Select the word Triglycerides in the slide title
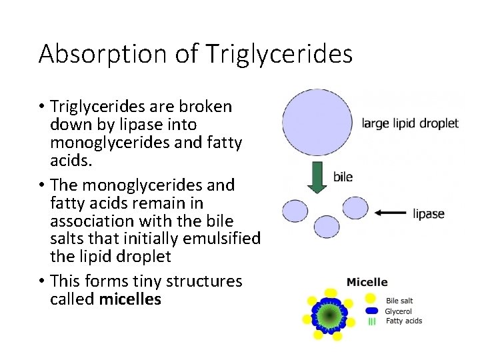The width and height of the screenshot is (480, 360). point(279,54)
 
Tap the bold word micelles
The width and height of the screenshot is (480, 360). point(130,299)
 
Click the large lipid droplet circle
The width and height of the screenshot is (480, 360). point(317,122)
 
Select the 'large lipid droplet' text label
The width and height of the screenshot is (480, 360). point(410,123)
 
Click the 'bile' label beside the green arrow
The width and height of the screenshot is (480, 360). point(343,177)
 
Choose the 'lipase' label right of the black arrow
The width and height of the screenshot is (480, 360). point(429,214)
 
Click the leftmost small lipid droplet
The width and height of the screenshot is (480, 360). point(295,211)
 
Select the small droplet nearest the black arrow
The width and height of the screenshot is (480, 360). point(355,208)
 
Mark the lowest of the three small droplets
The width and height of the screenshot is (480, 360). point(327,227)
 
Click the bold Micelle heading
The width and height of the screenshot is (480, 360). point(367,282)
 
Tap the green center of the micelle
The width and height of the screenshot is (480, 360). point(328,313)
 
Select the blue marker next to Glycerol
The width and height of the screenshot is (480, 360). point(371,311)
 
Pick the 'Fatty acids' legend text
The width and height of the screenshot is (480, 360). point(404,321)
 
